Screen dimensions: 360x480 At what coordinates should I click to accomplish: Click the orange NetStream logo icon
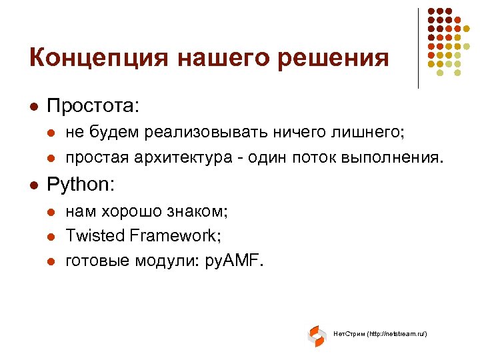tap(317, 336)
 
